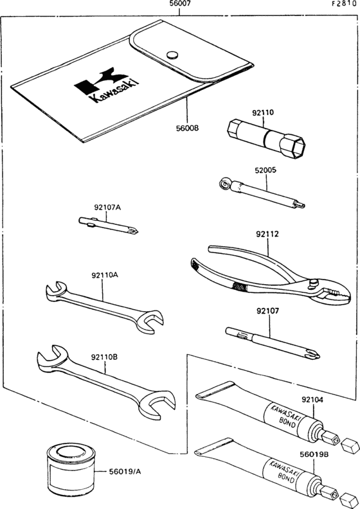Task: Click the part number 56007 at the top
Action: pos(180,4)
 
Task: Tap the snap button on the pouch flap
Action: pos(173,55)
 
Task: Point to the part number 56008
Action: pos(187,128)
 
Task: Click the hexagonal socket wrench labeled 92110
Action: pos(265,139)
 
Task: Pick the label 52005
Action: pos(265,170)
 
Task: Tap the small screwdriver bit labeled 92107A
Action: pos(109,226)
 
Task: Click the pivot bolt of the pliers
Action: pos(314,282)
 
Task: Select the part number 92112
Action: pos(267,234)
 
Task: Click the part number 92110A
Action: pos(105,275)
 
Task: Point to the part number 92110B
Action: pos(104,357)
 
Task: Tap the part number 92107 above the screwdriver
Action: pos(268,311)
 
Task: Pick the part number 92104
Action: pos(312,400)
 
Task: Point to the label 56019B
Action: pos(314,455)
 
